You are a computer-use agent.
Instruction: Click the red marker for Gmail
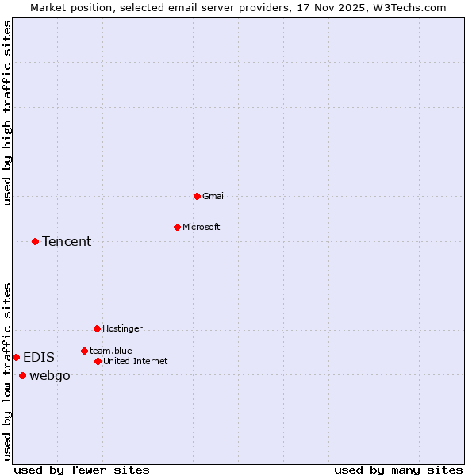pos(197,196)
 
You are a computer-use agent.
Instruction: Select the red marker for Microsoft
pos(177,227)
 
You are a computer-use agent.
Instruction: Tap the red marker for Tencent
pos(35,241)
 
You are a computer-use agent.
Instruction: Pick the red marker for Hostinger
pos(97,328)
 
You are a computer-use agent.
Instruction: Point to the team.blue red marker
pos(84,351)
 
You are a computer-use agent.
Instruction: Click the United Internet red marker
pos(98,361)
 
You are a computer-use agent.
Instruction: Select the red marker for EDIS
pos(16,357)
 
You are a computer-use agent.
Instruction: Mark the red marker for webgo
pos(22,375)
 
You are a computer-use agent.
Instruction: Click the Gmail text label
pos(214,196)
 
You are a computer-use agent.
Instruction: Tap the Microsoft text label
pos(202,227)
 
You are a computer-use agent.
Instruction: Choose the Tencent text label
pos(67,241)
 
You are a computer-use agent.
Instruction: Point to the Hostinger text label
pos(122,328)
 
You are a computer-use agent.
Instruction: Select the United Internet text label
pos(135,361)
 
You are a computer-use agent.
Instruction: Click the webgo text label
pos(49,375)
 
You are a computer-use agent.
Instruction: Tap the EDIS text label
pos(39,357)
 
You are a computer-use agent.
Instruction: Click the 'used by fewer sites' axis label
pos(82,470)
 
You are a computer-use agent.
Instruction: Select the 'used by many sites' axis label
pos(398,470)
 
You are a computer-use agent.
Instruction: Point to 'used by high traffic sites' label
pos(7,113)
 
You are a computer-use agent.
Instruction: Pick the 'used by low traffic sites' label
pos(7,371)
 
